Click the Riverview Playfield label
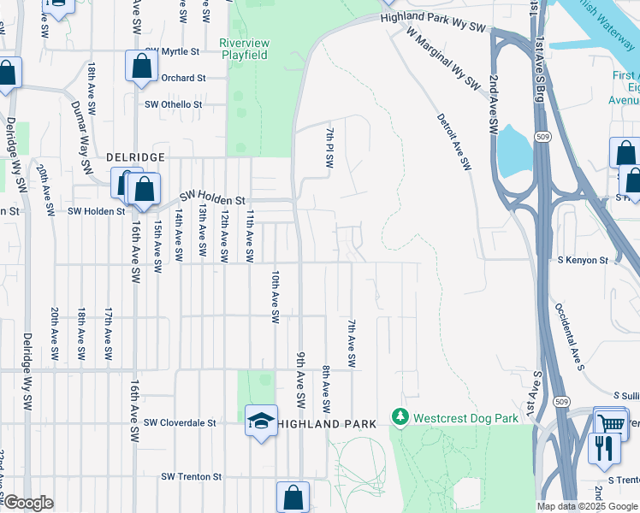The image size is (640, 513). click(244, 49)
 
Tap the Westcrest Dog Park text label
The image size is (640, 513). click(465, 418)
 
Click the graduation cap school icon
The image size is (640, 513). click(261, 420)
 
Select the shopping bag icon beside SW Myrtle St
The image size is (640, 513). click(141, 66)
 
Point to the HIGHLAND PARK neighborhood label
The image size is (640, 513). click(334, 424)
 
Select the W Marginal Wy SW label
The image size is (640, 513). click(443, 57)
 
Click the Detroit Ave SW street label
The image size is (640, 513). click(453, 141)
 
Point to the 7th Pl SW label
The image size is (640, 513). click(329, 146)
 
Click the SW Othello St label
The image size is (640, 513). click(174, 104)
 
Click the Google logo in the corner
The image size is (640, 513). click(27, 503)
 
